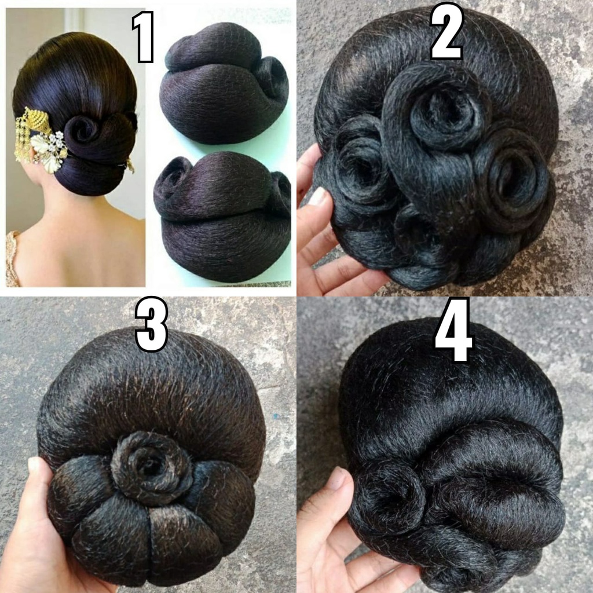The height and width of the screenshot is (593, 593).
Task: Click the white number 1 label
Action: pyautogui.click(x=142, y=37)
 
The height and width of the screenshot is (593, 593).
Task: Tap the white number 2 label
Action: pyautogui.click(x=446, y=31)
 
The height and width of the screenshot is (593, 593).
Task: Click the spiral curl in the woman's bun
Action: pyautogui.click(x=85, y=131)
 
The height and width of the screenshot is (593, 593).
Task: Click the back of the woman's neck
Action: pyautogui.click(x=64, y=214)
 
